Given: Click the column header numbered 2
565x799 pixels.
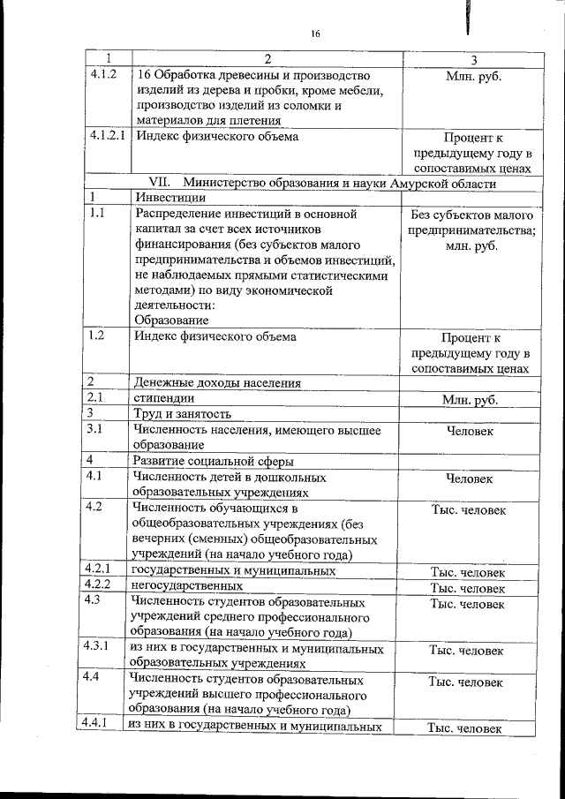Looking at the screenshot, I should tap(267, 58).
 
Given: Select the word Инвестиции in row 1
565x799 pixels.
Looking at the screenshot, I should tap(168, 199).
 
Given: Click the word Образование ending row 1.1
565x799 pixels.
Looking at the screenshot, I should tap(171, 320).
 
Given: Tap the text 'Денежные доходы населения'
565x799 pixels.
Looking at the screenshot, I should tap(216, 382).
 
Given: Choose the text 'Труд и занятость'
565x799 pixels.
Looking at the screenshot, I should tap(182, 413).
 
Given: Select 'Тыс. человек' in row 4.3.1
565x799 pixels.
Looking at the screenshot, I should tap(467, 651).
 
